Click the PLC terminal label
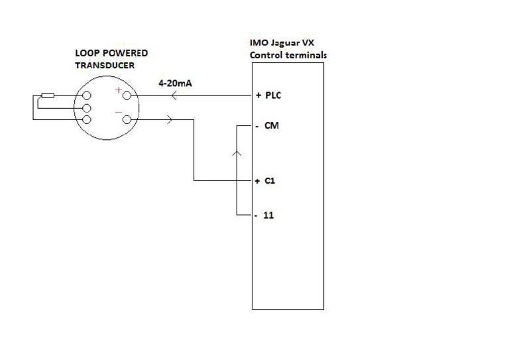(x=273, y=95)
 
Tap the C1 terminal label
(x=270, y=180)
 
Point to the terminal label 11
(x=269, y=216)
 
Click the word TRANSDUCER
(x=105, y=66)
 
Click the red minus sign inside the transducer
(x=118, y=111)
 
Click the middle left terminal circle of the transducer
(x=86, y=108)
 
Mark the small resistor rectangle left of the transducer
(x=48, y=96)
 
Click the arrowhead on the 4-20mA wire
(x=173, y=97)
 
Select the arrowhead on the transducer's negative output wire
(x=170, y=120)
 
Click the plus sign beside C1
(x=256, y=180)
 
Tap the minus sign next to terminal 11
(x=256, y=216)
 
